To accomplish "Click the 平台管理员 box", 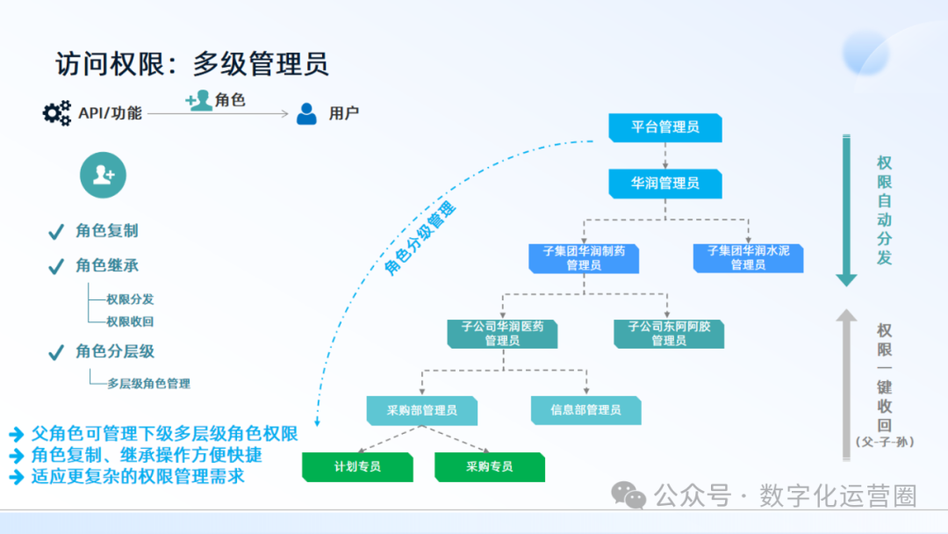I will (665, 127).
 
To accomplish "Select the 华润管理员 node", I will (665, 184).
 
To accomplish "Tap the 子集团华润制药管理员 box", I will (584, 258).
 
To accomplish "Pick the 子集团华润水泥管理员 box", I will (748, 258).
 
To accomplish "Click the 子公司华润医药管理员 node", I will (502, 334).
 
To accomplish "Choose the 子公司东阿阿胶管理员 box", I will (669, 334).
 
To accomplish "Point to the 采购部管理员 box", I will (422, 410).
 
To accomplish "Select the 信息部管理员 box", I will (585, 410).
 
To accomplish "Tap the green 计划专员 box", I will (357, 466).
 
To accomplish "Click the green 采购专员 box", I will (489, 466).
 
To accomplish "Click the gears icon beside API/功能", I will (56, 113).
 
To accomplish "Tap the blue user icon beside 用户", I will (306, 113).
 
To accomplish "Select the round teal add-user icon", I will (103, 175).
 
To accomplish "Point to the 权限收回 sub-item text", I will (130, 321).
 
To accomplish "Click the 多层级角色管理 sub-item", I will (148, 383).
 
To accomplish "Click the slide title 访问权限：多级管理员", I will (191, 64).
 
